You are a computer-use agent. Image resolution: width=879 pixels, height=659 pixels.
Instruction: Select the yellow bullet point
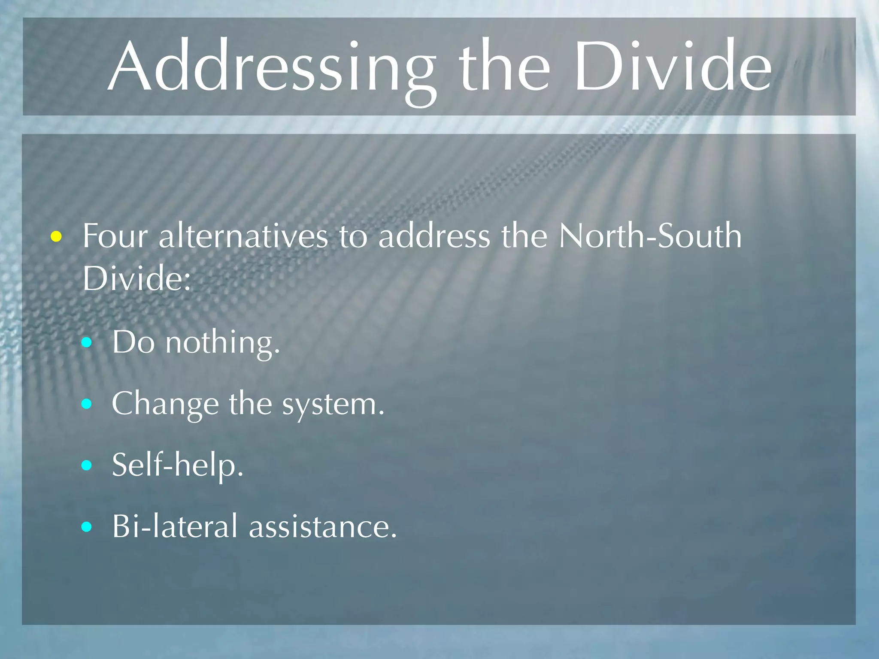pos(56,236)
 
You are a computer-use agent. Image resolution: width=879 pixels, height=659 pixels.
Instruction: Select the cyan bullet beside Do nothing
pos(87,342)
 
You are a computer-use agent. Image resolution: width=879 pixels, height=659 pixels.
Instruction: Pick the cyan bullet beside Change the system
pos(87,404)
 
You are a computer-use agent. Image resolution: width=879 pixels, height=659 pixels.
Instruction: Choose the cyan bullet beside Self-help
pos(87,465)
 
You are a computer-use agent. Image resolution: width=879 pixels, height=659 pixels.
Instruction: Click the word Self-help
pos(178,466)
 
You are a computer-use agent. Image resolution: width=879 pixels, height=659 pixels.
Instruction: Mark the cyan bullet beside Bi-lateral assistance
pos(87,526)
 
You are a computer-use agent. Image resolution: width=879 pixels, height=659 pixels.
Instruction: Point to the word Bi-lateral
pos(174,526)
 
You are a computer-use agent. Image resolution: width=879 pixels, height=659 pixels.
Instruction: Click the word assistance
pos(323,527)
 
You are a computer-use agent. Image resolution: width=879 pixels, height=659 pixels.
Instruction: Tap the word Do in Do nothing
pos(133,342)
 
